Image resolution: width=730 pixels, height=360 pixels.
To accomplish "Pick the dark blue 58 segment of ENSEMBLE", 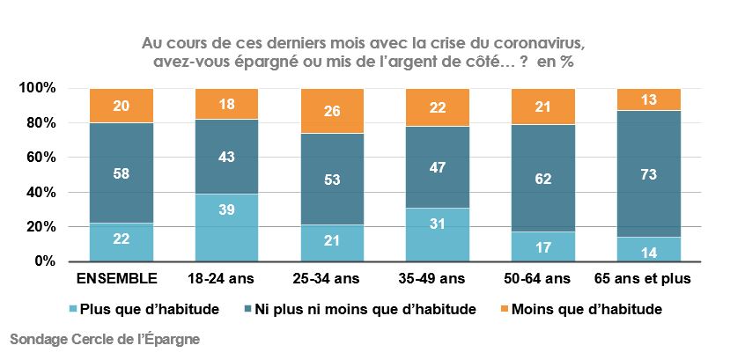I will tap(122, 173).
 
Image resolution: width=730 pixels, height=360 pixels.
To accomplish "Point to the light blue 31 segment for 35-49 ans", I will tap(437, 234).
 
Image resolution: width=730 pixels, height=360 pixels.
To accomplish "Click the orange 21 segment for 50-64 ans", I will tap(542, 107).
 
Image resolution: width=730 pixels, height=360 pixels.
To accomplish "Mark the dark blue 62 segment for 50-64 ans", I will tap(542, 180).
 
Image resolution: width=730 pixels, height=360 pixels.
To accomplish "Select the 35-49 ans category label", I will tap(437, 280).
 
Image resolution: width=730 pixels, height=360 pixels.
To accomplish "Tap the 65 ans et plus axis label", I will tap(648, 280).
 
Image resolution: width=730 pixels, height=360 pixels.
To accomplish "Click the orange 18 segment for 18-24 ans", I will tap(225, 104).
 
